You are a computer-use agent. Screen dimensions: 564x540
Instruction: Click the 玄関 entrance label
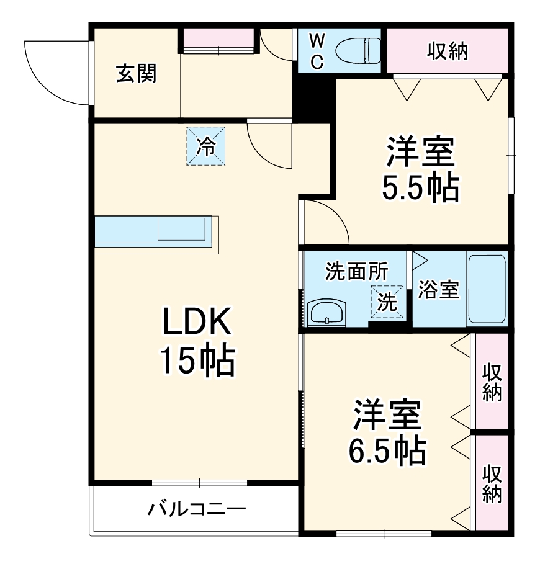point(137,74)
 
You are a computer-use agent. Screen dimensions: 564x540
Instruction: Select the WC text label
point(317,51)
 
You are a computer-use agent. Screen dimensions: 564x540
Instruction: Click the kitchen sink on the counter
point(181,229)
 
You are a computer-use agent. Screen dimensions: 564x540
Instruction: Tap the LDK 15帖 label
point(197,341)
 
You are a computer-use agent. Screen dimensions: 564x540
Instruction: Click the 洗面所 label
point(357,271)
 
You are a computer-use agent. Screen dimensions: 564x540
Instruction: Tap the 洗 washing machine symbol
point(387,302)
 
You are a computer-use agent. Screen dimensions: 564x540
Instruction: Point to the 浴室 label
point(438,289)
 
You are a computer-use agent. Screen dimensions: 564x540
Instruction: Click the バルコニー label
point(197,510)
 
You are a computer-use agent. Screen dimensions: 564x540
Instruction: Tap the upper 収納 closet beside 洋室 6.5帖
point(492,381)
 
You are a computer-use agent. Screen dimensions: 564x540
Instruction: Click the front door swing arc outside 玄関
point(56,71)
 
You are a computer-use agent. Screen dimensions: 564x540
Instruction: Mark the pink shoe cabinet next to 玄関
point(218,40)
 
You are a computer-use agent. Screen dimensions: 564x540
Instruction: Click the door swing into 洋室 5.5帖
point(326,223)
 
